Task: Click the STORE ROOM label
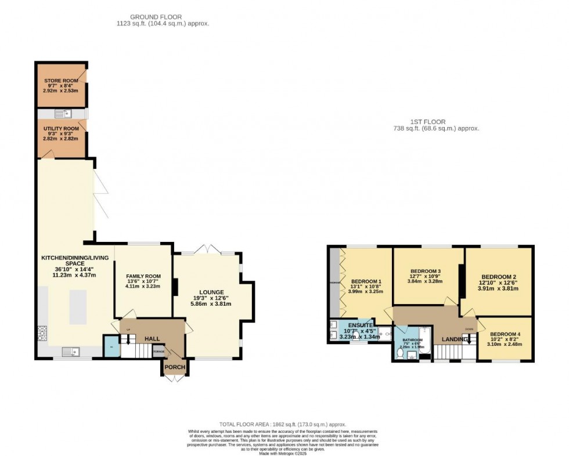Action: coord(62,81)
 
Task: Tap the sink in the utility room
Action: coord(62,113)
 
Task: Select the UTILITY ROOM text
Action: coord(62,128)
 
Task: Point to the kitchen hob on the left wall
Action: coord(42,333)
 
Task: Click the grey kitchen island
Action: coord(78,307)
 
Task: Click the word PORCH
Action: coord(174,367)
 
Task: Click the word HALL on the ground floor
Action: coord(152,338)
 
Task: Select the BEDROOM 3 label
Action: coord(426,271)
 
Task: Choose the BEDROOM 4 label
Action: coord(505,334)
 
